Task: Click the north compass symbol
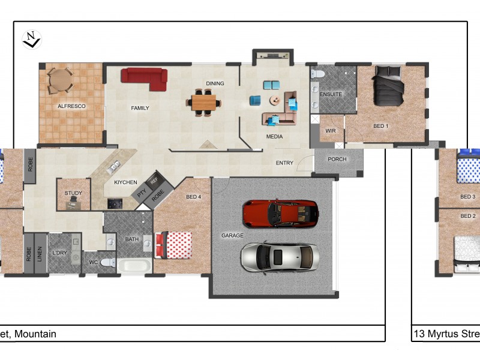pyautogui.click(x=31, y=40)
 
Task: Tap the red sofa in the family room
pyautogui.click(x=144, y=78)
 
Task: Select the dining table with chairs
pyautogui.click(x=203, y=102)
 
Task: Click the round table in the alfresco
pyautogui.click(x=59, y=80)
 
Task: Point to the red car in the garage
pyautogui.click(x=280, y=212)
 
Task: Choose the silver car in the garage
pyautogui.click(x=280, y=257)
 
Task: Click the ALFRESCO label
pyautogui.click(x=71, y=106)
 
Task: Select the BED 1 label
pyautogui.click(x=381, y=127)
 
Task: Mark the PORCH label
pyautogui.click(x=338, y=160)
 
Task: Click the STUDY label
pyautogui.click(x=73, y=193)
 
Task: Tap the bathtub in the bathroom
pyautogui.click(x=134, y=266)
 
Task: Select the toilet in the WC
pyautogui.click(x=107, y=262)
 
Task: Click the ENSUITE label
pyautogui.click(x=331, y=95)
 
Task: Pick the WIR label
pyautogui.click(x=330, y=131)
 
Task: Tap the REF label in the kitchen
pyautogui.click(x=154, y=180)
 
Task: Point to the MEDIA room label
pyautogui.click(x=274, y=137)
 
